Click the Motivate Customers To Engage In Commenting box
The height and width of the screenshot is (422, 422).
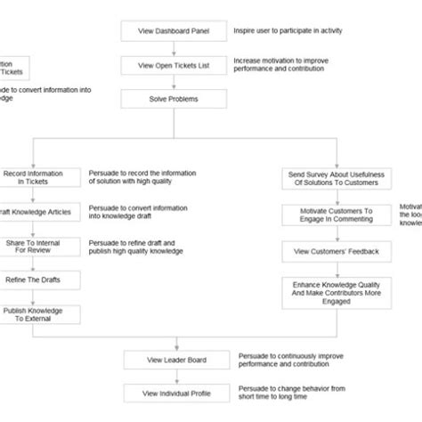coord(336,216)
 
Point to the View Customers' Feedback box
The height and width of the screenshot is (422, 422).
coord(336,252)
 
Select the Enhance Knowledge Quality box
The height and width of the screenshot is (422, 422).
coord(336,292)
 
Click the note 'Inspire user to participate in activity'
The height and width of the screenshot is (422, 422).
coord(287,30)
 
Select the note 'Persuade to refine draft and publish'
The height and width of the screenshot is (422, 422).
coord(134,247)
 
